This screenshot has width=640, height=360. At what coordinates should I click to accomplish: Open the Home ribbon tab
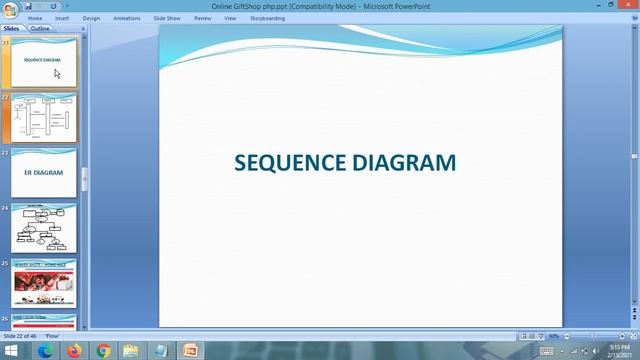[35, 18]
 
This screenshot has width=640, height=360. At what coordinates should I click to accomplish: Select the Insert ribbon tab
[62, 18]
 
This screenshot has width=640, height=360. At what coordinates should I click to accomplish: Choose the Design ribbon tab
[91, 18]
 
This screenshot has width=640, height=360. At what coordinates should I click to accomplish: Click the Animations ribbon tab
[127, 18]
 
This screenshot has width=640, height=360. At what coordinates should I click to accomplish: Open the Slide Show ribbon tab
[167, 18]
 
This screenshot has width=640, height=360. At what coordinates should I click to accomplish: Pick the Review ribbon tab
[203, 18]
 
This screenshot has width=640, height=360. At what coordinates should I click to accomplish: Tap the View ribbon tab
[230, 18]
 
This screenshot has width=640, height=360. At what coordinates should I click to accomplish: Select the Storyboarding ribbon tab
[267, 18]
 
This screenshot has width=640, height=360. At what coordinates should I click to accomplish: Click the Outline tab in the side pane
[40, 29]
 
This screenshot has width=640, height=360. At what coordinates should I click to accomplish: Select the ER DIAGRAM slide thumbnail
[44, 173]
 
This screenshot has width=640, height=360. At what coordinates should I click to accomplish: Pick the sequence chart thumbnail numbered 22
[44, 118]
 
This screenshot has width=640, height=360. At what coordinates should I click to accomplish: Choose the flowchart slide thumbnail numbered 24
[44, 228]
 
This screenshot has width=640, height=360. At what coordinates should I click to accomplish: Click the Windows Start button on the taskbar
[10, 351]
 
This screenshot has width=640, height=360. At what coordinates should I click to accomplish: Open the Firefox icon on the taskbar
[74, 351]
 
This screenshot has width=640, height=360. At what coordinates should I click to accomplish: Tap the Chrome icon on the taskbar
[103, 351]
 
